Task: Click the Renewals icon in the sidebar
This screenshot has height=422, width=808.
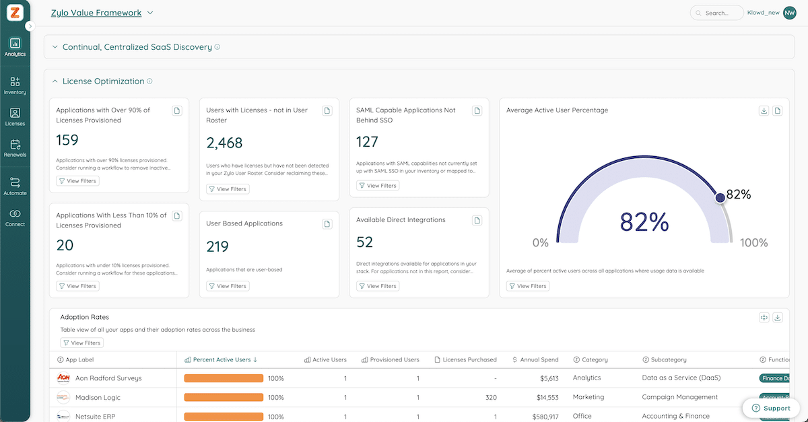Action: click(15, 145)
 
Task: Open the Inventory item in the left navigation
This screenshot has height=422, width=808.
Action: click(15, 82)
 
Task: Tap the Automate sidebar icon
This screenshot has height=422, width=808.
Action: click(15, 183)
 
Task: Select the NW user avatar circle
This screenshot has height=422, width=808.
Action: click(789, 13)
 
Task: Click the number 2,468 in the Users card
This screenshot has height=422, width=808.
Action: click(224, 143)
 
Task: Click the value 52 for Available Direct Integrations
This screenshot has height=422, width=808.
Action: click(365, 242)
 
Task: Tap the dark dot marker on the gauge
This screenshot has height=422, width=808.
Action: click(720, 197)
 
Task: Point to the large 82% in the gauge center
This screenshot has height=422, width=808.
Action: click(644, 222)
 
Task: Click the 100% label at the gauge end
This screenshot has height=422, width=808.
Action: click(753, 242)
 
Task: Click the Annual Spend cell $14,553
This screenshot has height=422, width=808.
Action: click(545, 398)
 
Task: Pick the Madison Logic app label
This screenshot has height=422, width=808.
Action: click(98, 398)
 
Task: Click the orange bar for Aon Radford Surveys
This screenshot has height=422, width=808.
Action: click(224, 378)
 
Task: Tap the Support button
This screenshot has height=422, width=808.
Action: click(771, 408)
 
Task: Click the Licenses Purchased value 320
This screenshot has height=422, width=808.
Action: click(490, 398)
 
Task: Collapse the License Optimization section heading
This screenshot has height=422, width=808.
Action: click(102, 81)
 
